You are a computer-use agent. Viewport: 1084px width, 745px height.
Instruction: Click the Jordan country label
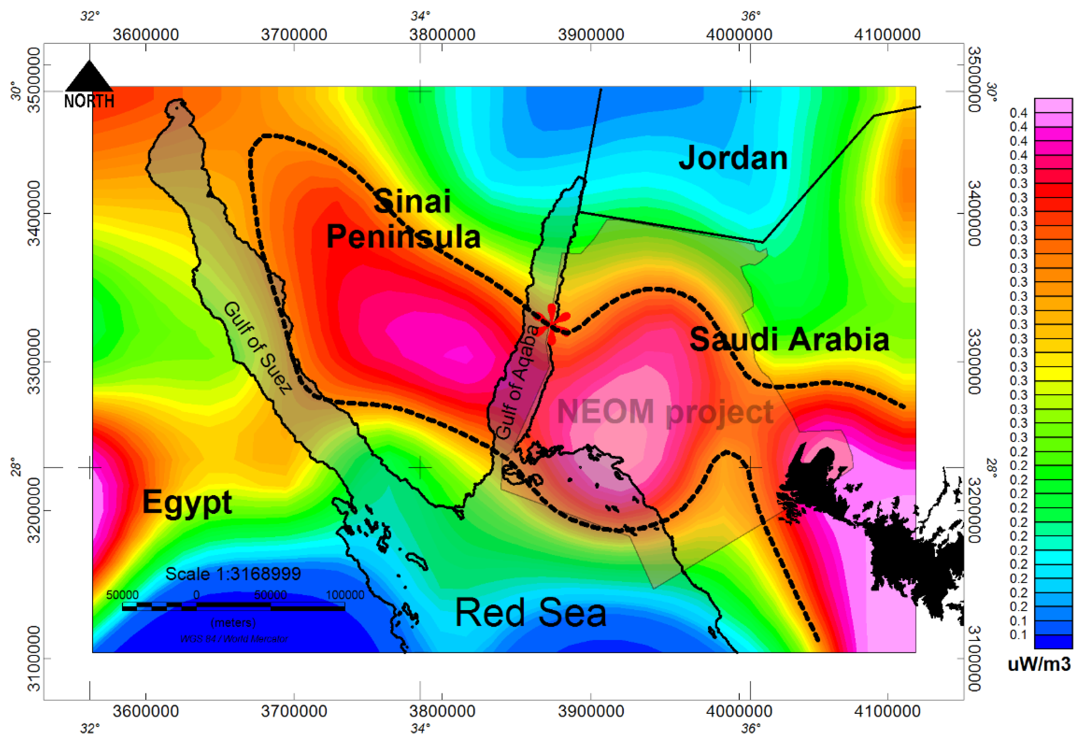[733, 158]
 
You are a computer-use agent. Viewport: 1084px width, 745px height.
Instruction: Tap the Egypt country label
[187, 503]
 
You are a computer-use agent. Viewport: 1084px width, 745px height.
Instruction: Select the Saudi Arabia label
[789, 339]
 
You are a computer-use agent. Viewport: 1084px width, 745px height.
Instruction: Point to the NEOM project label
[665, 412]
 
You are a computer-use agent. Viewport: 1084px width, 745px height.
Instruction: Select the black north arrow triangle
[89, 77]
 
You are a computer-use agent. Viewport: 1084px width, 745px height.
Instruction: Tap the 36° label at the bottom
[750, 728]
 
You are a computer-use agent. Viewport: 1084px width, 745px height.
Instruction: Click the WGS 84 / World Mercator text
[234, 639]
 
